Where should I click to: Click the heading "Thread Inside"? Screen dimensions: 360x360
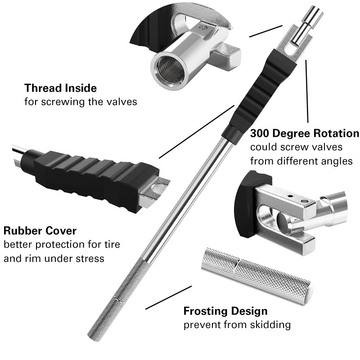pos(60,87)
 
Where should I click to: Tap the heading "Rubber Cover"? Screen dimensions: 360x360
pos(40,231)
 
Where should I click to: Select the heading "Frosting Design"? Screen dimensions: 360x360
pos(225,311)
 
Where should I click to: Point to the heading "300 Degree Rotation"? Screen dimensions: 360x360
pos(305,134)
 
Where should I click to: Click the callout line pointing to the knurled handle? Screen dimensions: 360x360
pos(168,297)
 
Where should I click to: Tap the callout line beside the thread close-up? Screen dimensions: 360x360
pos(265,31)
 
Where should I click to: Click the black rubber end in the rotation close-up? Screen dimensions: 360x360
pos(246,205)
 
